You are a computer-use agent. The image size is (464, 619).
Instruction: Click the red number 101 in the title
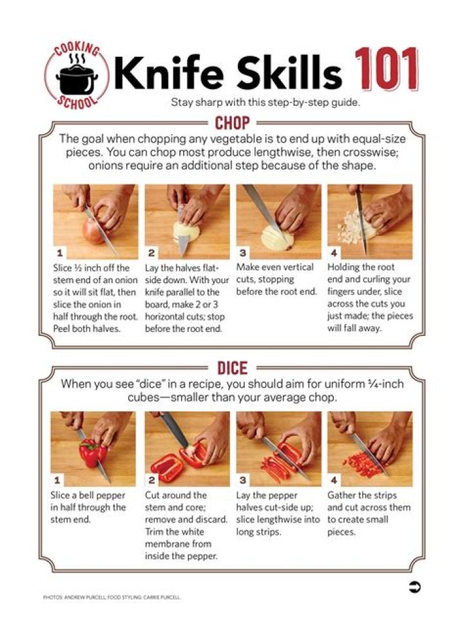click(387, 70)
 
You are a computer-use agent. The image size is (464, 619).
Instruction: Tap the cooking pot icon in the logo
click(77, 78)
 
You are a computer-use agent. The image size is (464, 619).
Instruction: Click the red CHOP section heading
click(233, 123)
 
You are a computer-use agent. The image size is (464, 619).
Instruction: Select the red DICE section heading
click(233, 368)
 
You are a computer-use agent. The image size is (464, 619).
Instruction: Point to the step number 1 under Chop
click(60, 252)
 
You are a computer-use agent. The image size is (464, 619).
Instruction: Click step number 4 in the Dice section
click(334, 480)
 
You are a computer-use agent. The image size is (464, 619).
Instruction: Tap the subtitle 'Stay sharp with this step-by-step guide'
click(266, 103)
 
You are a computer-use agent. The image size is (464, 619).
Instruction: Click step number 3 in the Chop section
click(243, 252)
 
